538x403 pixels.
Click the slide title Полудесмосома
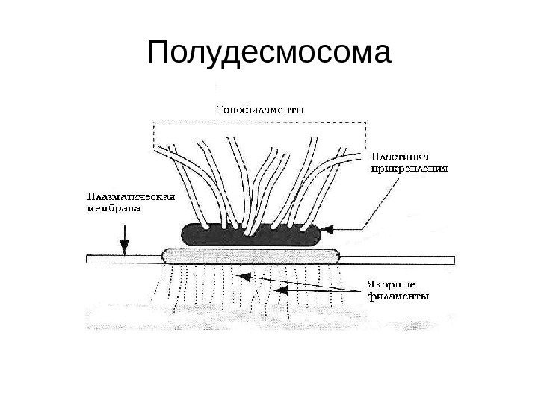tap(269, 54)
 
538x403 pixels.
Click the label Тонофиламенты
tap(260, 109)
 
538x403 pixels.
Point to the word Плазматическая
tap(131, 197)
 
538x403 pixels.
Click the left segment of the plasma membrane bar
tap(124, 259)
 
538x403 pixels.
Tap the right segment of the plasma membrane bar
tap(396, 259)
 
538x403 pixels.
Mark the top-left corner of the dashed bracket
tap(154, 122)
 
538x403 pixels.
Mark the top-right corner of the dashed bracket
tap(365, 122)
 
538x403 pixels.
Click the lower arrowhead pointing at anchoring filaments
tap(275, 288)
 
